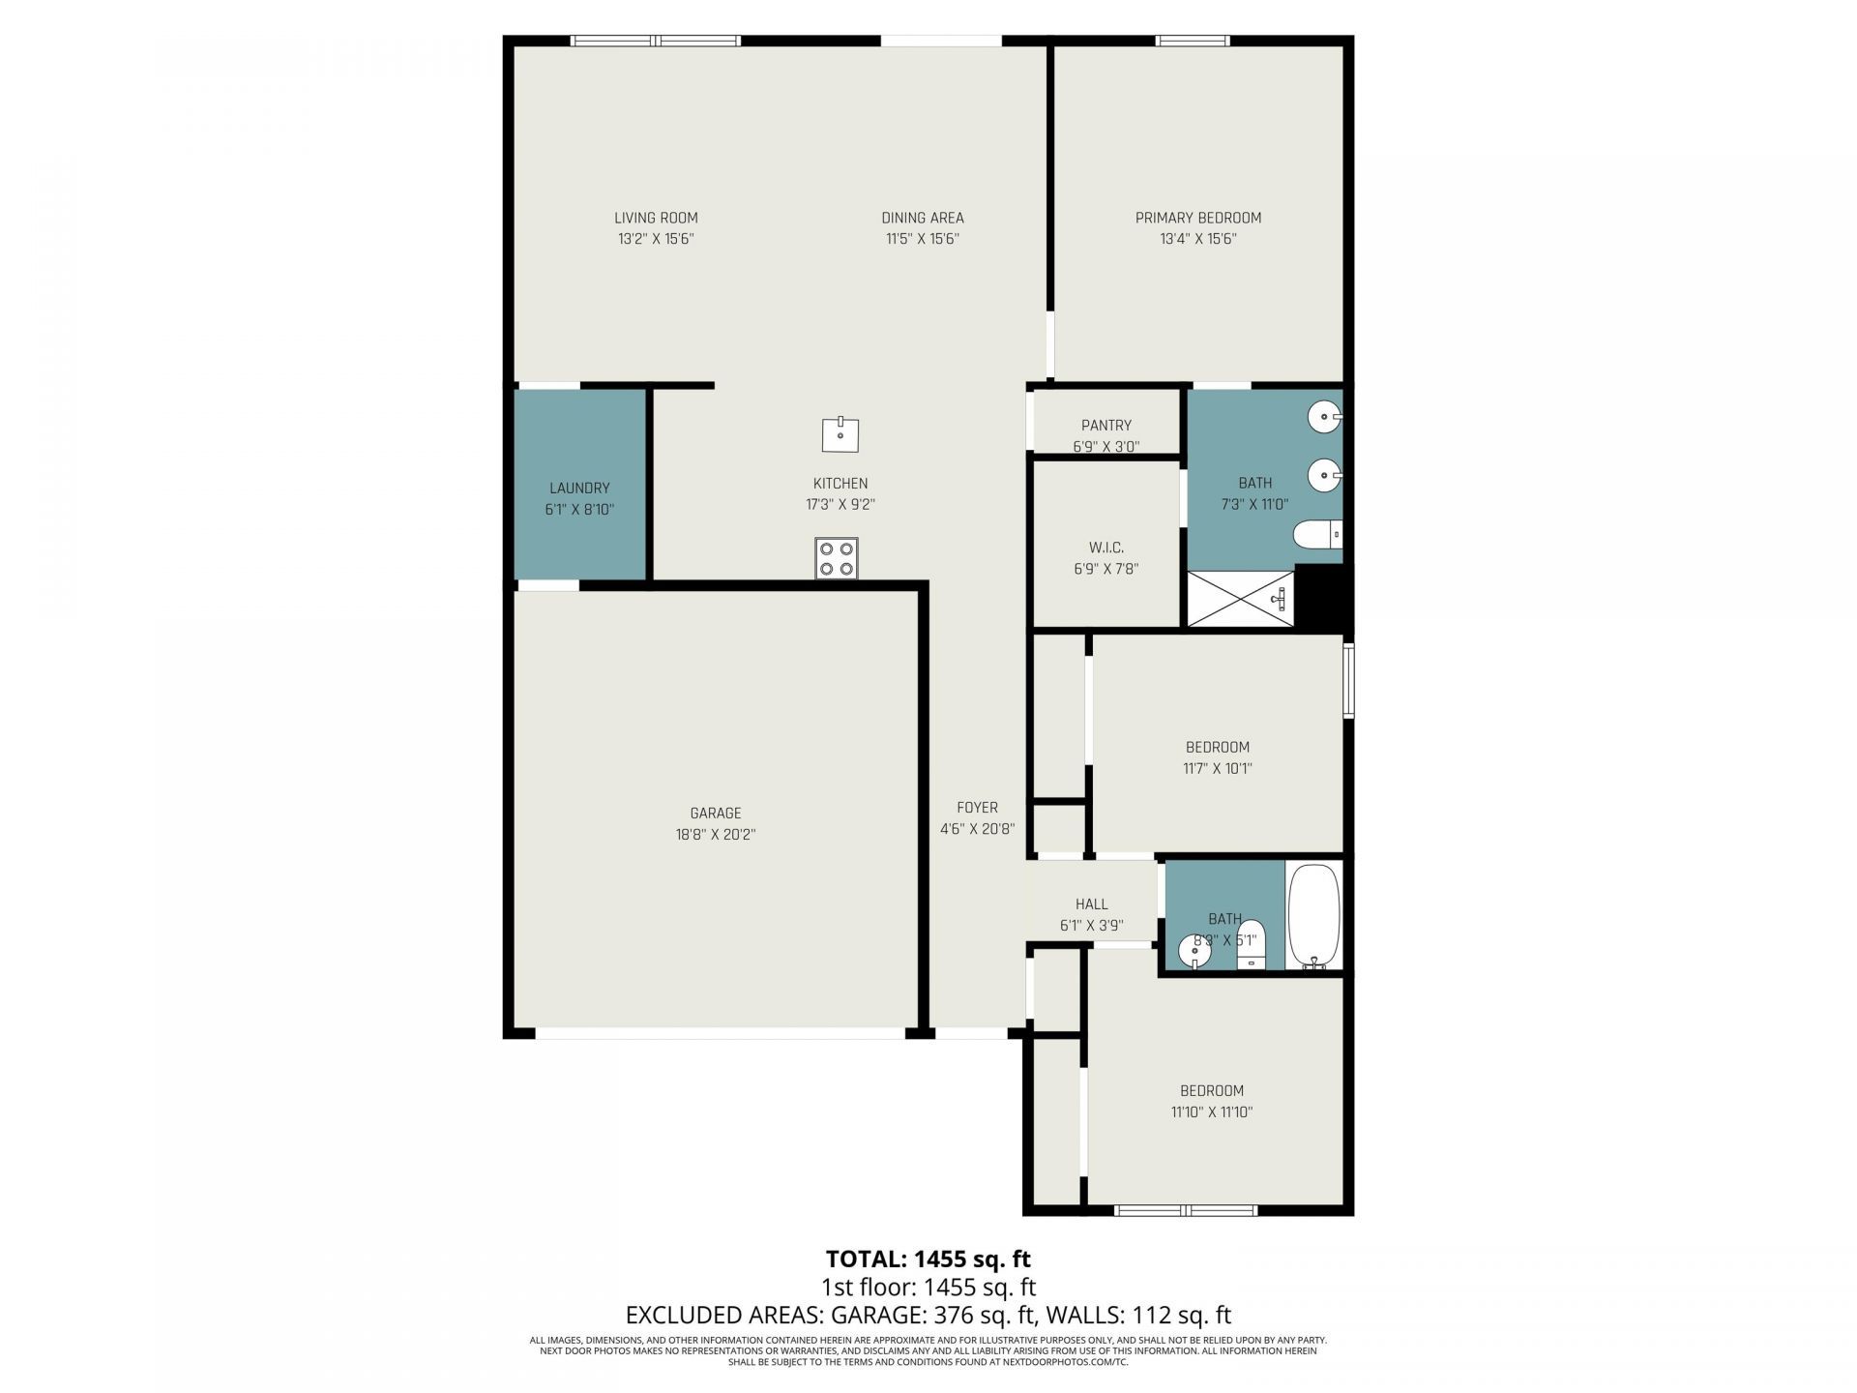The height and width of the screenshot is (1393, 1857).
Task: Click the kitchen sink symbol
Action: pyautogui.click(x=840, y=435)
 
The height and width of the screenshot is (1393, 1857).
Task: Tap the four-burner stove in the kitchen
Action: pyautogui.click(x=837, y=558)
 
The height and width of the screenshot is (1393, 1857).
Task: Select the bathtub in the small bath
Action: pyautogui.click(x=1314, y=915)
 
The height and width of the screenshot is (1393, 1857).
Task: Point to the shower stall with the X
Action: pyautogui.click(x=1240, y=599)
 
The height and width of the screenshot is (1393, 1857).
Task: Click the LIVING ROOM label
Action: pyautogui.click(x=656, y=219)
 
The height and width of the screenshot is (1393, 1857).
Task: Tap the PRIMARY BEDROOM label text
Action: pyautogui.click(x=1197, y=219)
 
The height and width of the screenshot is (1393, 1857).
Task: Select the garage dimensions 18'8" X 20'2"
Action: pyautogui.click(x=715, y=835)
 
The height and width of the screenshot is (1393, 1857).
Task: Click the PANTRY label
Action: pyautogui.click(x=1105, y=426)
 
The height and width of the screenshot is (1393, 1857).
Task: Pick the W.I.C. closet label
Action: pyautogui.click(x=1105, y=548)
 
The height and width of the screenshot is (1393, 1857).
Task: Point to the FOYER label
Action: pyautogui.click(x=977, y=808)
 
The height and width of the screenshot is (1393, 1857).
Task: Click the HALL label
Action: pyautogui.click(x=1091, y=904)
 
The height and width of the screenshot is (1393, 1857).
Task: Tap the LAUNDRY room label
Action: pyautogui.click(x=579, y=489)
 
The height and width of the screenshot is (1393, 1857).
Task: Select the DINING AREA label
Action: pyautogui.click(x=922, y=219)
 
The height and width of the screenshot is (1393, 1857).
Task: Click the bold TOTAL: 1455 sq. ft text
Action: pyautogui.click(x=928, y=1259)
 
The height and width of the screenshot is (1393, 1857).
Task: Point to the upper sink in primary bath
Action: pyautogui.click(x=1322, y=418)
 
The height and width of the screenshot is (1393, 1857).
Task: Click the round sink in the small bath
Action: pyautogui.click(x=1194, y=952)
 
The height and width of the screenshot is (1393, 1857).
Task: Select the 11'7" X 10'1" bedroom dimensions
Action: pyautogui.click(x=1218, y=769)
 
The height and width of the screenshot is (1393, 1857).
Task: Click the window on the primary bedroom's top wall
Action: pyautogui.click(x=1194, y=41)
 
